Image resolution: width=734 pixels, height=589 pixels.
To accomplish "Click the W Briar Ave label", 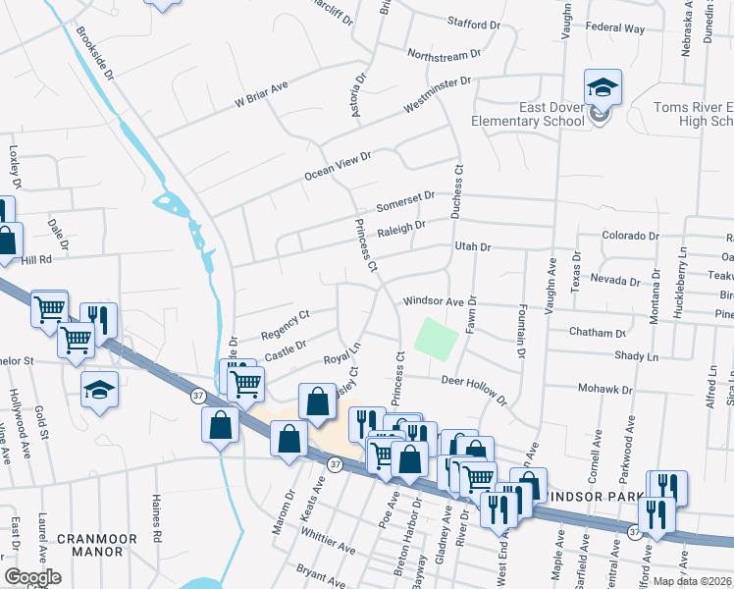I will (x=260, y=93).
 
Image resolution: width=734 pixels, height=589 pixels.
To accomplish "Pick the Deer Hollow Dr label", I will (x=474, y=389).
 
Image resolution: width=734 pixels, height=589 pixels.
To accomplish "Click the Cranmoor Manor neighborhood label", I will (x=89, y=545).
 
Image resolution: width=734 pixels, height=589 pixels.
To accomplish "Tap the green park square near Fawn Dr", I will (x=436, y=339).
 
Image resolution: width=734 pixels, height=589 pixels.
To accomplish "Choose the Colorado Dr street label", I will (x=630, y=237).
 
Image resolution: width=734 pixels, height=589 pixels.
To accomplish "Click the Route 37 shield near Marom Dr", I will (x=335, y=464).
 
